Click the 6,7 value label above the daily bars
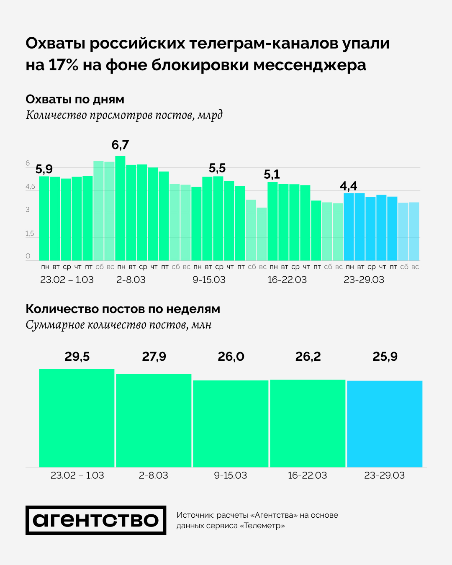120,145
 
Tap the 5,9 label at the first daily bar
44,169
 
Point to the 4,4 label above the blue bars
348,186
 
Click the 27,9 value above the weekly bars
154,357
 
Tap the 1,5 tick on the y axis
30,234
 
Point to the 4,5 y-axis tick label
30,187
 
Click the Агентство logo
96,520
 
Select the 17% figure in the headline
63,65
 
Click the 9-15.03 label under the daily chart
209,280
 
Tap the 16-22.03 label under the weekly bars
307,475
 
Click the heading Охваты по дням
75,100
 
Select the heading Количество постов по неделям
123,309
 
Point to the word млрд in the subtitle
210,115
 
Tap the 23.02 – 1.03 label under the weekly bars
77,475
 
